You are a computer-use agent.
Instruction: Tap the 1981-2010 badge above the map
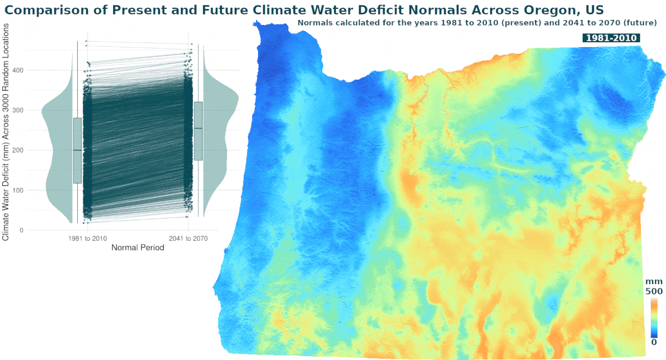point(611,37)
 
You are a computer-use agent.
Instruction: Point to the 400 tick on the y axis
point(21,70)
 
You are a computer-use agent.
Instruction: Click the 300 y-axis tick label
point(21,110)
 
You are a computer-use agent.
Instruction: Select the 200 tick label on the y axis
point(21,150)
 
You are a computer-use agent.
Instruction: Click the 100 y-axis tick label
point(21,190)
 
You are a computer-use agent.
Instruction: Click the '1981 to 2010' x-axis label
point(88,239)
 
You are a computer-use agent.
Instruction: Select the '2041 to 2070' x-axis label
point(188,239)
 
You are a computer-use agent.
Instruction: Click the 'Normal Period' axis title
point(138,248)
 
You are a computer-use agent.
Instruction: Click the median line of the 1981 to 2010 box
point(77,150)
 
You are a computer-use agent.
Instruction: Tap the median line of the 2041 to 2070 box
point(198,128)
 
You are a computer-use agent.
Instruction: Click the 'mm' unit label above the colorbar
point(654,282)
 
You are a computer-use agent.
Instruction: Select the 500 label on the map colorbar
point(653,291)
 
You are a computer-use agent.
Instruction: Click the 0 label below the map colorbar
point(654,342)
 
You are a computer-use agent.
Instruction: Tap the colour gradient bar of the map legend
point(654,317)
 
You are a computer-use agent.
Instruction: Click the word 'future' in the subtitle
point(639,23)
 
